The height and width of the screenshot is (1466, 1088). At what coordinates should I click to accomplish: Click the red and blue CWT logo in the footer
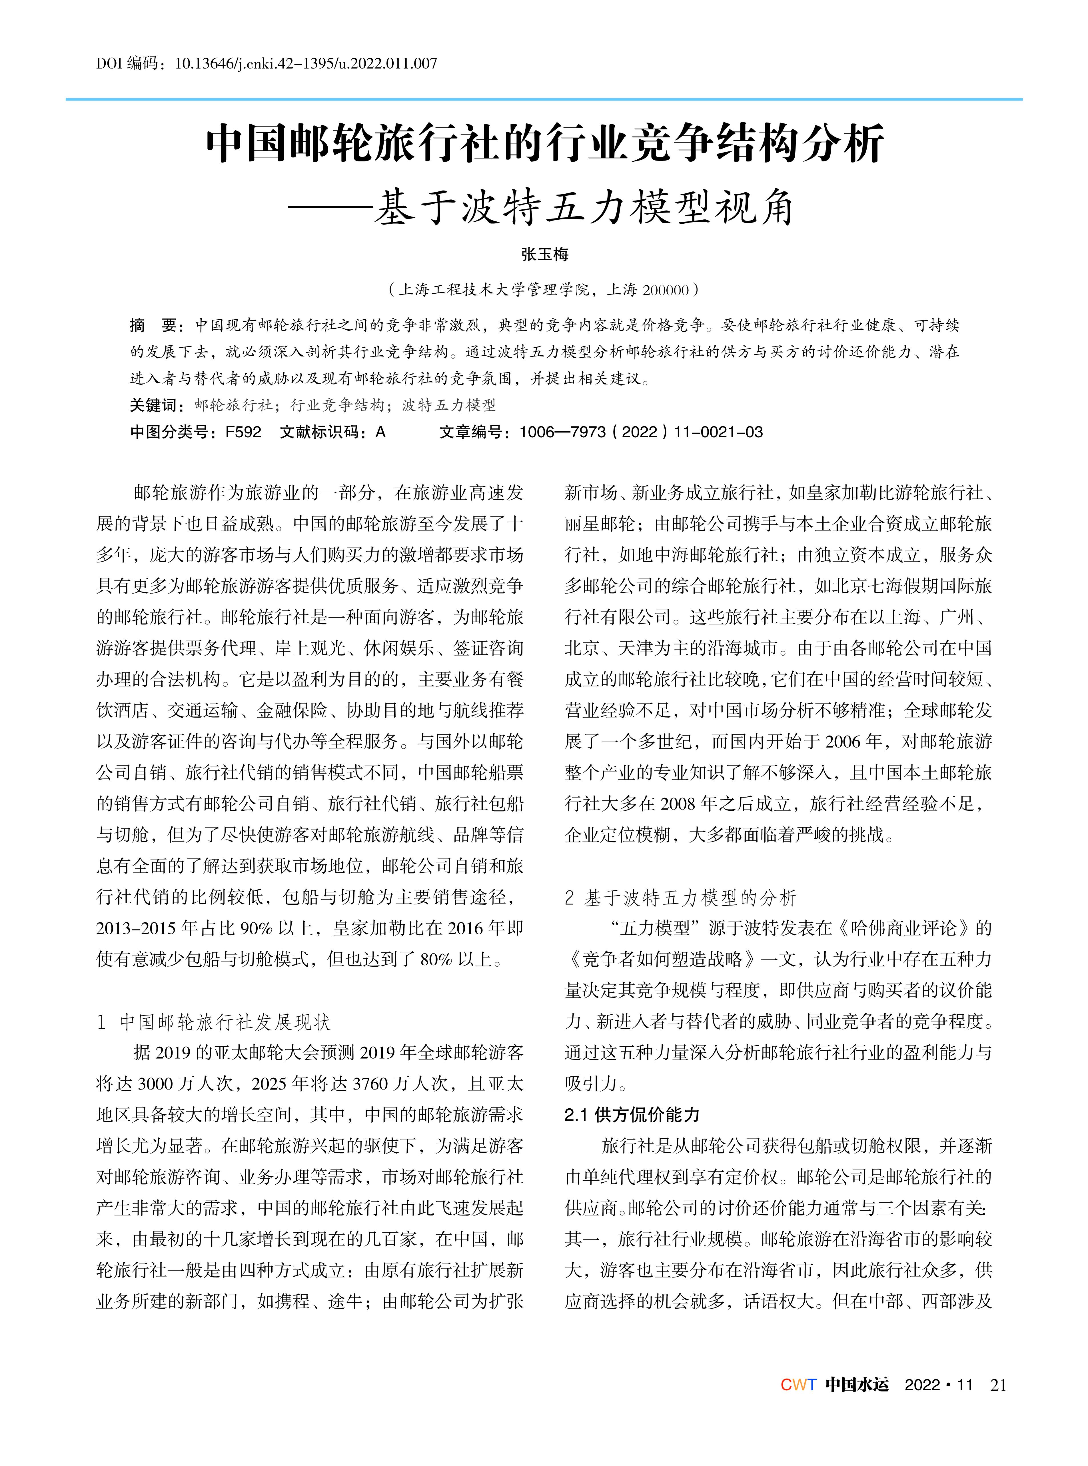click(x=798, y=1385)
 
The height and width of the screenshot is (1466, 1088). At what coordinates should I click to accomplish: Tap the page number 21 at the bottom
click(x=998, y=1385)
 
